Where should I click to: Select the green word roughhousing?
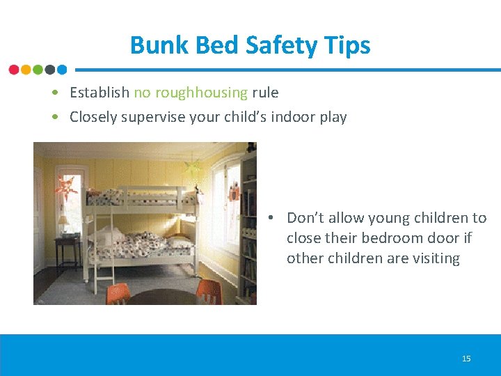pyautogui.click(x=201, y=93)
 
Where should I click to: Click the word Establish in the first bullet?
pyautogui.click(x=100, y=93)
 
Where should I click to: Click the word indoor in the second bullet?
pyautogui.click(x=290, y=117)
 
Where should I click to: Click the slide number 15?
pyautogui.click(x=466, y=359)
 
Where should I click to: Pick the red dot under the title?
pyautogui.click(x=14, y=70)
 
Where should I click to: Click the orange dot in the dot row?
pyautogui.click(x=26, y=70)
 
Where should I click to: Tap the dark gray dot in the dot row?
pyautogui.click(x=49, y=70)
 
